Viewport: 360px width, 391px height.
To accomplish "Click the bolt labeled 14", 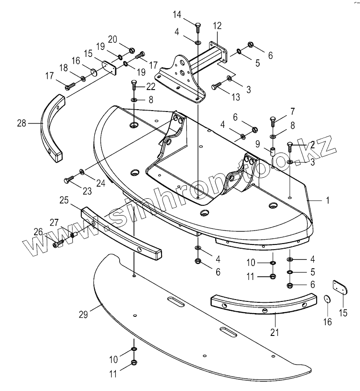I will click(198, 27).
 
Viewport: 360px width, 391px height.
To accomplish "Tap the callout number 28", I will click(21, 124).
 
